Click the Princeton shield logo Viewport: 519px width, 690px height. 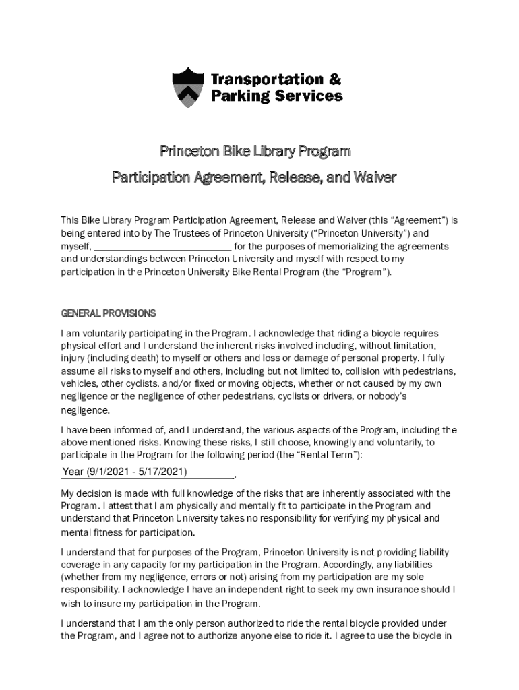(188, 88)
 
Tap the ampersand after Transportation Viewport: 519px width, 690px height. (334, 80)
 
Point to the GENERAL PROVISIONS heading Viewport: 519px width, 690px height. (109, 313)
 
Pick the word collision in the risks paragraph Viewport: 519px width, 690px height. (339, 371)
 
